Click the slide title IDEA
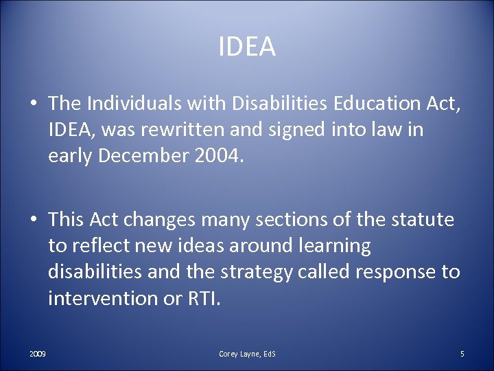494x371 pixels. (247, 47)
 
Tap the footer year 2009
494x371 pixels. (38, 354)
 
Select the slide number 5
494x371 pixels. (462, 354)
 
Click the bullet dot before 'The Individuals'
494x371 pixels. (33, 104)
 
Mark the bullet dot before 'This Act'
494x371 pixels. (33, 221)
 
